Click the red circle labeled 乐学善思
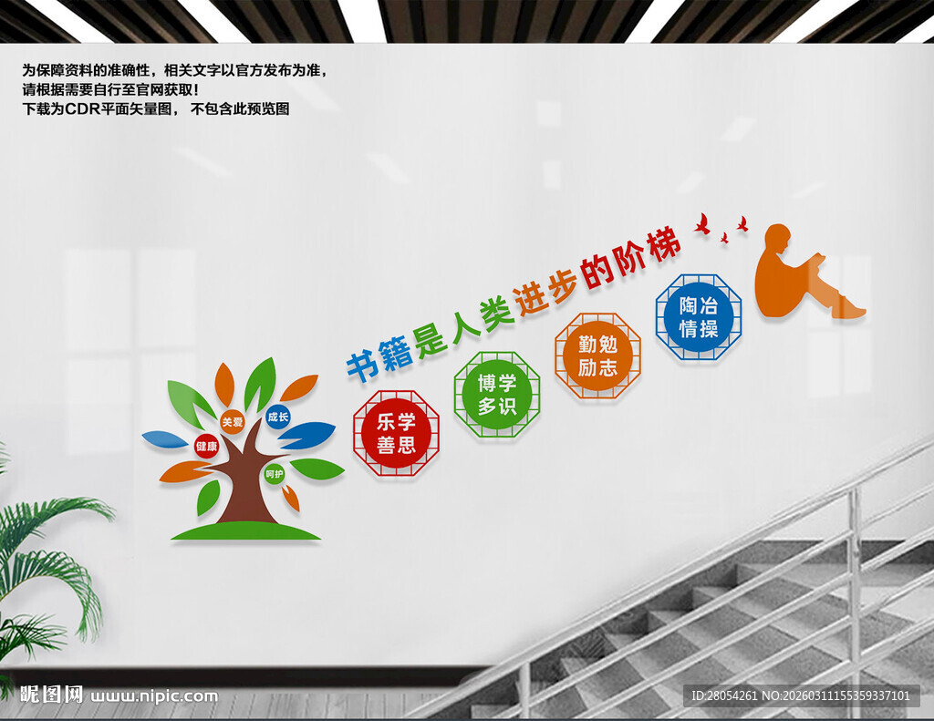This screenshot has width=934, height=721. (x=396, y=433)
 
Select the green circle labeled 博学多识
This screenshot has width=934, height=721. (x=497, y=395)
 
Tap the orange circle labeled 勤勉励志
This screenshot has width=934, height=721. (x=597, y=355)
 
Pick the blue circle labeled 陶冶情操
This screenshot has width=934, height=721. (x=699, y=316)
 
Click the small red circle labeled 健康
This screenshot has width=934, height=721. (x=206, y=446)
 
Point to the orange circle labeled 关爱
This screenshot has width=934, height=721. (x=233, y=422)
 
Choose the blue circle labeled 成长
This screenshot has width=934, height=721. (x=277, y=417)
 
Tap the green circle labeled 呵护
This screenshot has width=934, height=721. (x=274, y=474)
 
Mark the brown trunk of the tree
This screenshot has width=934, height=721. (x=244, y=488)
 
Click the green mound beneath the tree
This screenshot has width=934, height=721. (x=246, y=531)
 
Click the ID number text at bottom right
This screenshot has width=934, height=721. (x=801, y=696)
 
